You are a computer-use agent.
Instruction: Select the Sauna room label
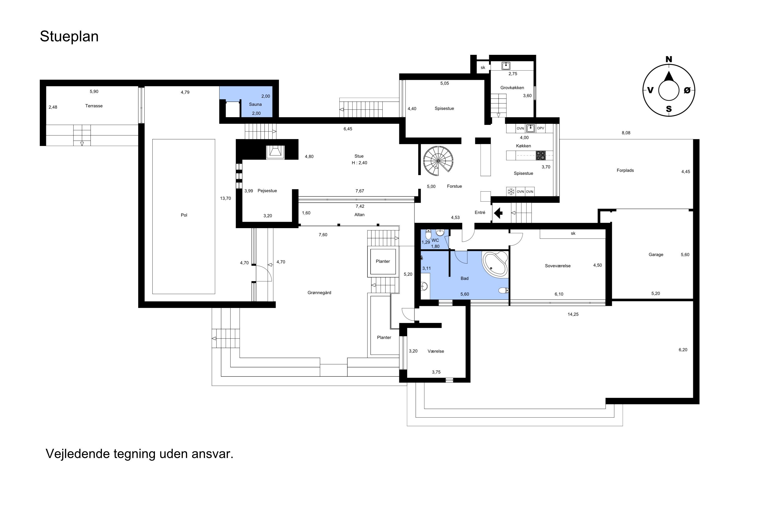[255, 105]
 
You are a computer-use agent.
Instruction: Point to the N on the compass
[669, 59]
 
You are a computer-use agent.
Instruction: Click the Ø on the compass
[687, 90]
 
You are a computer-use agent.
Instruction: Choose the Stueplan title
[69, 37]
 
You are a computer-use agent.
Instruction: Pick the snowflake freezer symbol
[511, 192]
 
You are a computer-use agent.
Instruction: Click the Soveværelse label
[558, 266]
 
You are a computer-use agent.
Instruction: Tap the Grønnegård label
[319, 293]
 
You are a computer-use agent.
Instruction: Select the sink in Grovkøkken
[506, 66]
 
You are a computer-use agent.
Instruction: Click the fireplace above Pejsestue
[275, 151]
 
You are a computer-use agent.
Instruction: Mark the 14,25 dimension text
[573, 314]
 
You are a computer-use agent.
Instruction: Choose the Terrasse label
[94, 106]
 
